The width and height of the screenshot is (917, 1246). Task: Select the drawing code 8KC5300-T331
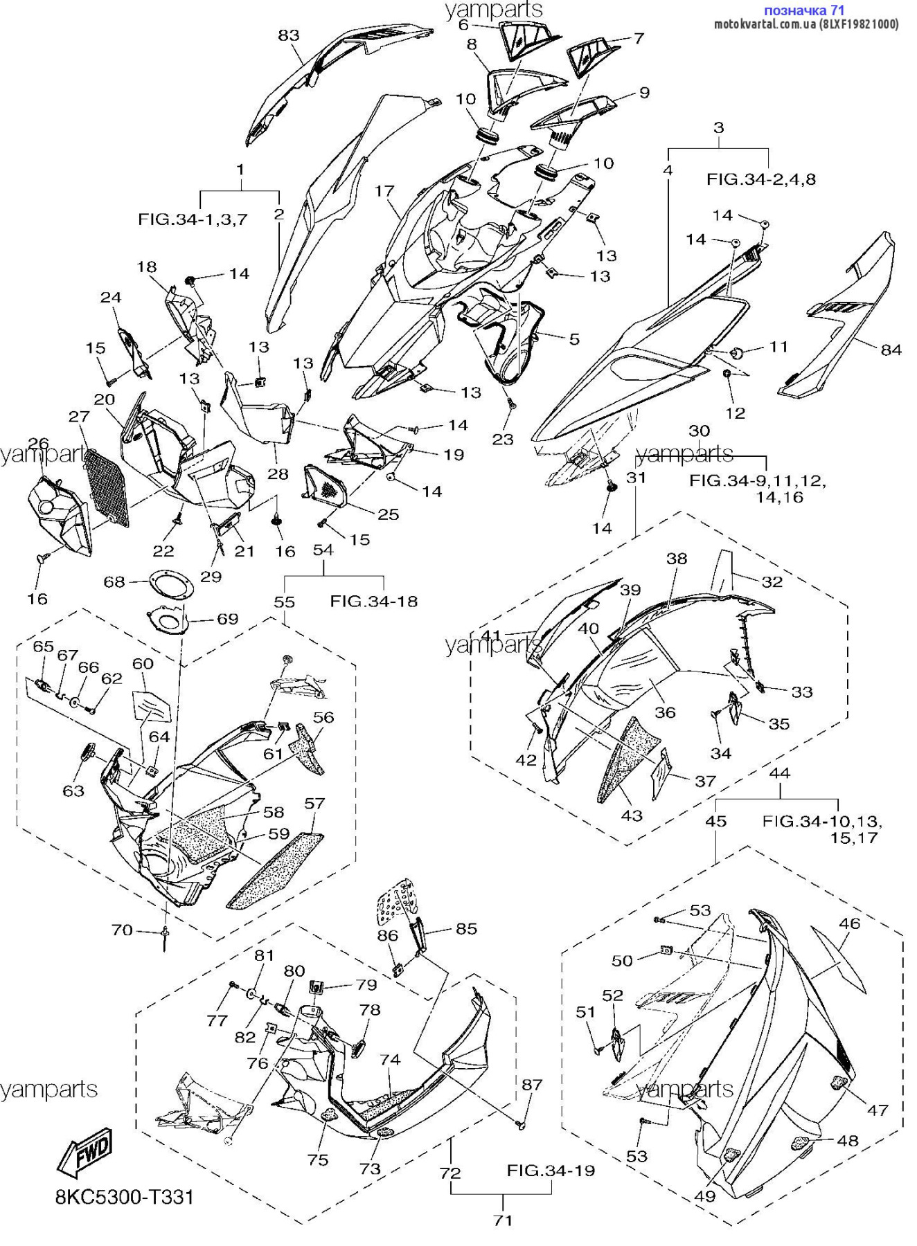(124, 1197)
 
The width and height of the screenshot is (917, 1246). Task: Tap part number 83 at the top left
(288, 35)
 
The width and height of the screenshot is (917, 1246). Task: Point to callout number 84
(891, 350)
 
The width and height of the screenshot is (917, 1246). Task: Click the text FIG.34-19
(551, 1171)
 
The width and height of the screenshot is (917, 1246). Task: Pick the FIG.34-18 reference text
(373, 601)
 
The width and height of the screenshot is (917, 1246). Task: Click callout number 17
(384, 191)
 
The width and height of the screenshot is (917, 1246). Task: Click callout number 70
(122, 930)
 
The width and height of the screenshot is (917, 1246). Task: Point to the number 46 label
(849, 923)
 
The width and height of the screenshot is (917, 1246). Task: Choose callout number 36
(665, 712)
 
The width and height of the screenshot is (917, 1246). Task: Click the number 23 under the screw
(503, 439)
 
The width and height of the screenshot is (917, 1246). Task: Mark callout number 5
(574, 339)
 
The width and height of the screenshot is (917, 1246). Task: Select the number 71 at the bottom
(503, 1220)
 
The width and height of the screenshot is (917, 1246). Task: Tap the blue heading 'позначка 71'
(803, 10)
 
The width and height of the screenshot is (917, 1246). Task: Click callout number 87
(532, 1085)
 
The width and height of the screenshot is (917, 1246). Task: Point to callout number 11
(779, 346)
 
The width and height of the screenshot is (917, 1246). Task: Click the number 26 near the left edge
(39, 443)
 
